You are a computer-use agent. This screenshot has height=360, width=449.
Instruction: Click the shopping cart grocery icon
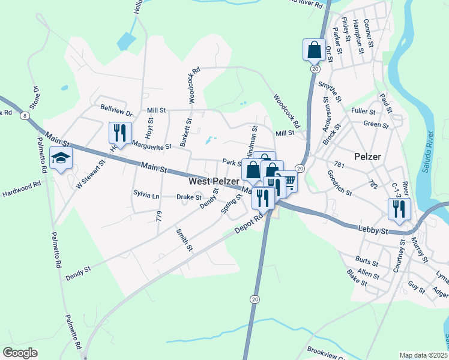[287, 182]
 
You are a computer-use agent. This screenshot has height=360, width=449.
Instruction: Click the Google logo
[20, 353]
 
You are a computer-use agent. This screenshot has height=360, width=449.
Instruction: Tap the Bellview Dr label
[116, 112]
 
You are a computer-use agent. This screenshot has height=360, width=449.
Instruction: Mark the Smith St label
[184, 240]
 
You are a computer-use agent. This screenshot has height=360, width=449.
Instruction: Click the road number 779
[158, 216]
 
